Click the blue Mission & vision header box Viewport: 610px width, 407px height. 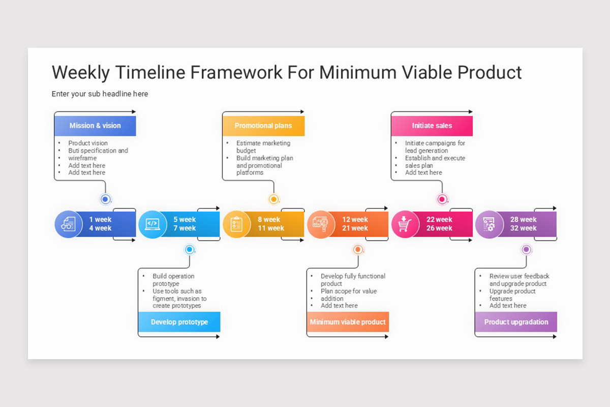pos(95,126)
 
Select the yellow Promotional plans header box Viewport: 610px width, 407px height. pos(263,126)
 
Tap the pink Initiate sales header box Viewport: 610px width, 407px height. pos(432,126)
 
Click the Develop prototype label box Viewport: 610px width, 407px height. pos(179,322)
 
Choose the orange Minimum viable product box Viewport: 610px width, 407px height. pos(348,322)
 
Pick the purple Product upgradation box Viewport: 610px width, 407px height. pos(516,322)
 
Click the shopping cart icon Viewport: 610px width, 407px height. pos(405,224)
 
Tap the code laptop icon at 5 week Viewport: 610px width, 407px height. pos(152,224)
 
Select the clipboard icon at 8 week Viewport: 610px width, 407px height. pos(236,224)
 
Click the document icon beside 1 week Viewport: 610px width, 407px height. pos(68,224)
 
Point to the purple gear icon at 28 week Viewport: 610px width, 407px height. pos(489,224)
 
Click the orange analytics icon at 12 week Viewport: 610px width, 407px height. pos(321,224)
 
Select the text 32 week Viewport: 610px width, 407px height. pos(524,228)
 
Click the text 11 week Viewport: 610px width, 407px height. pos(271,228)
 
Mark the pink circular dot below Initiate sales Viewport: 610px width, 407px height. pos(442,199)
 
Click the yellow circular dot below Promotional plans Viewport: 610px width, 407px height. pos(273,199)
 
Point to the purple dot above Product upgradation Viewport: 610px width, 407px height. pos(526,249)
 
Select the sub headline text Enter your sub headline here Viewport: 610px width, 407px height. pos(100,94)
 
